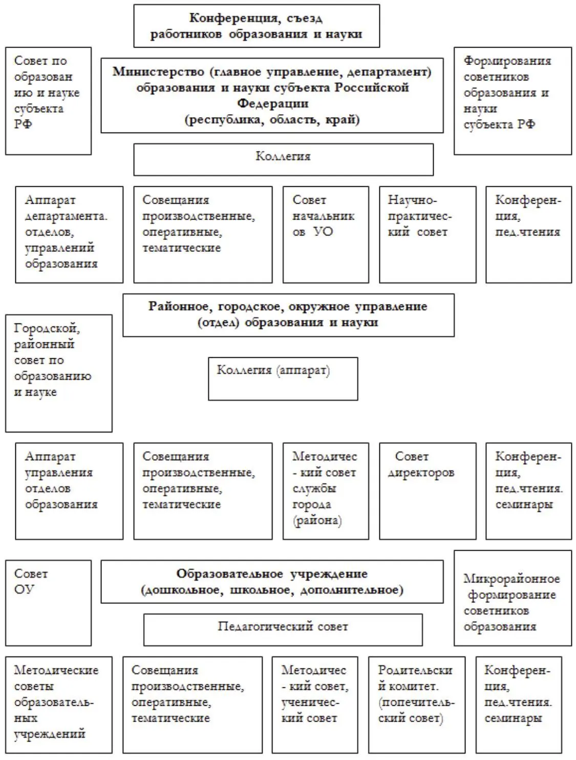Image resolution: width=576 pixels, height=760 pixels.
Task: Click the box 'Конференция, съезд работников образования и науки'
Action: point(257,26)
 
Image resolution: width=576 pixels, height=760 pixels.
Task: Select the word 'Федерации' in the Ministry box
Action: point(272,103)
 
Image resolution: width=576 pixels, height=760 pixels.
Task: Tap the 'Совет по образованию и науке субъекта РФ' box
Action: point(48,101)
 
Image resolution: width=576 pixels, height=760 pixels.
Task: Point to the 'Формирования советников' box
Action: point(513,101)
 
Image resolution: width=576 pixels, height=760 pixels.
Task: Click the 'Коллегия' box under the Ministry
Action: point(283,159)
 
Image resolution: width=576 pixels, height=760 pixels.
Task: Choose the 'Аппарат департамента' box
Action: point(69,234)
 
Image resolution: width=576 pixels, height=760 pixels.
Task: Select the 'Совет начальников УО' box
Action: point(326,234)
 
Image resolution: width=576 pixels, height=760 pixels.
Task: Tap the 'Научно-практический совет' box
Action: point(428,234)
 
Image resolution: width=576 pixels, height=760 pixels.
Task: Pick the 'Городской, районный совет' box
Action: point(58,373)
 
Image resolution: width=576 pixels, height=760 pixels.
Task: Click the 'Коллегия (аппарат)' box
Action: point(283,379)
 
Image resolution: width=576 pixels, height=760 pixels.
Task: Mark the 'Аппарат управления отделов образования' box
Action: point(69,491)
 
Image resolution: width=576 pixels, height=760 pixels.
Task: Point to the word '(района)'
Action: point(317,521)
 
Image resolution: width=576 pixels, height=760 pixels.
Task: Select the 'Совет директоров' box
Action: point(428,491)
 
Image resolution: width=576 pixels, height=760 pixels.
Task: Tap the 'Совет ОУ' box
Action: point(48,602)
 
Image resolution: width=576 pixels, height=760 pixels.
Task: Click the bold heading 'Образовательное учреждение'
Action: point(272,574)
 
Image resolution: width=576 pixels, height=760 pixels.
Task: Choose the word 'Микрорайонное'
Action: point(511,579)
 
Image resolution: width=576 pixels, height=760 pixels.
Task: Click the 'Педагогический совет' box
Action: point(283,629)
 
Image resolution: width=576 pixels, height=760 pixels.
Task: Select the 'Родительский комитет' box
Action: point(417,705)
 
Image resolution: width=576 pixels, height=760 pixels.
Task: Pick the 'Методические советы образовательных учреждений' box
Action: point(58,705)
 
